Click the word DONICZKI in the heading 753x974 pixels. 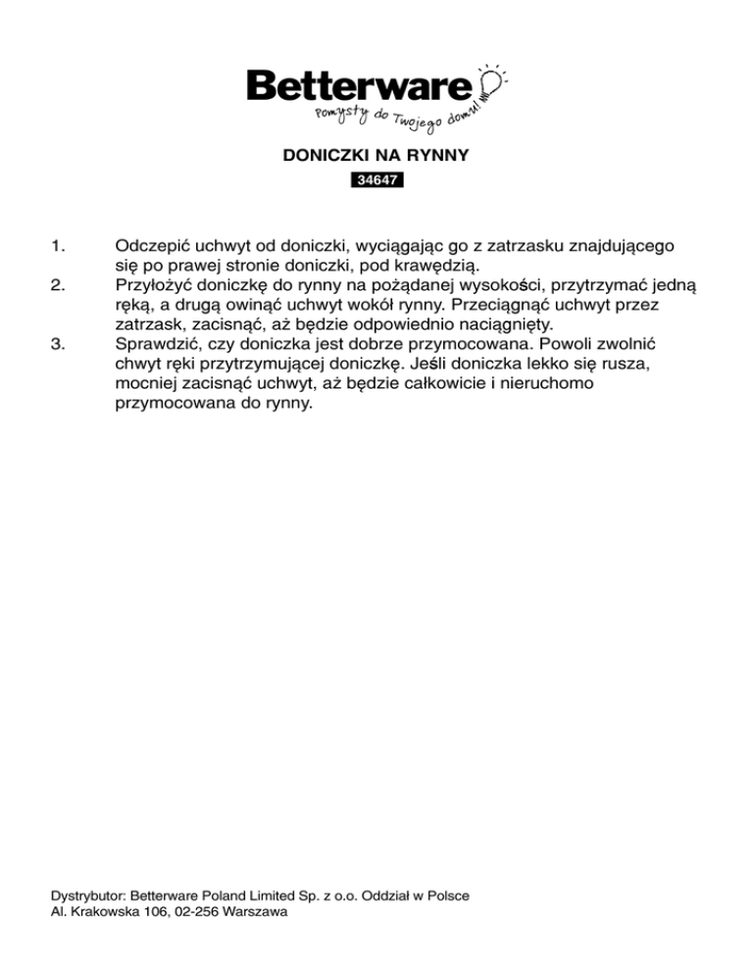[x=318, y=155]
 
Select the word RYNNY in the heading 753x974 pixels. [x=443, y=155]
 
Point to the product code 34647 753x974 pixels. [x=376, y=180]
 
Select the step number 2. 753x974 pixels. [x=57, y=285]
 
